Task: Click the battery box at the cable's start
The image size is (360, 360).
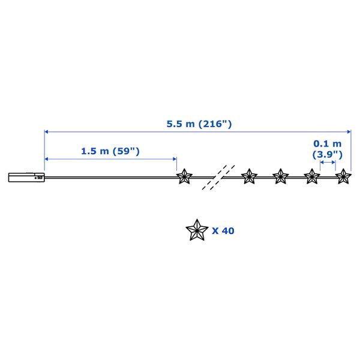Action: click(26, 178)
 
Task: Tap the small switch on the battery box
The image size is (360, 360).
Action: click(40, 178)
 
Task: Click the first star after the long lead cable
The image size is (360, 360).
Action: click(184, 176)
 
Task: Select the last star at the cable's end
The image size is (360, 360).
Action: click(343, 176)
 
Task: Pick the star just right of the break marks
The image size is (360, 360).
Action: click(249, 176)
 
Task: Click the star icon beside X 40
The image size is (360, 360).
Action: click(197, 230)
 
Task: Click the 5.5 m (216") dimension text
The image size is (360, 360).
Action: click(199, 124)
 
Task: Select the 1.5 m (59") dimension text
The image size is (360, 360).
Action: click(110, 151)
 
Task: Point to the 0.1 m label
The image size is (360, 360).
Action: click(328, 144)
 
